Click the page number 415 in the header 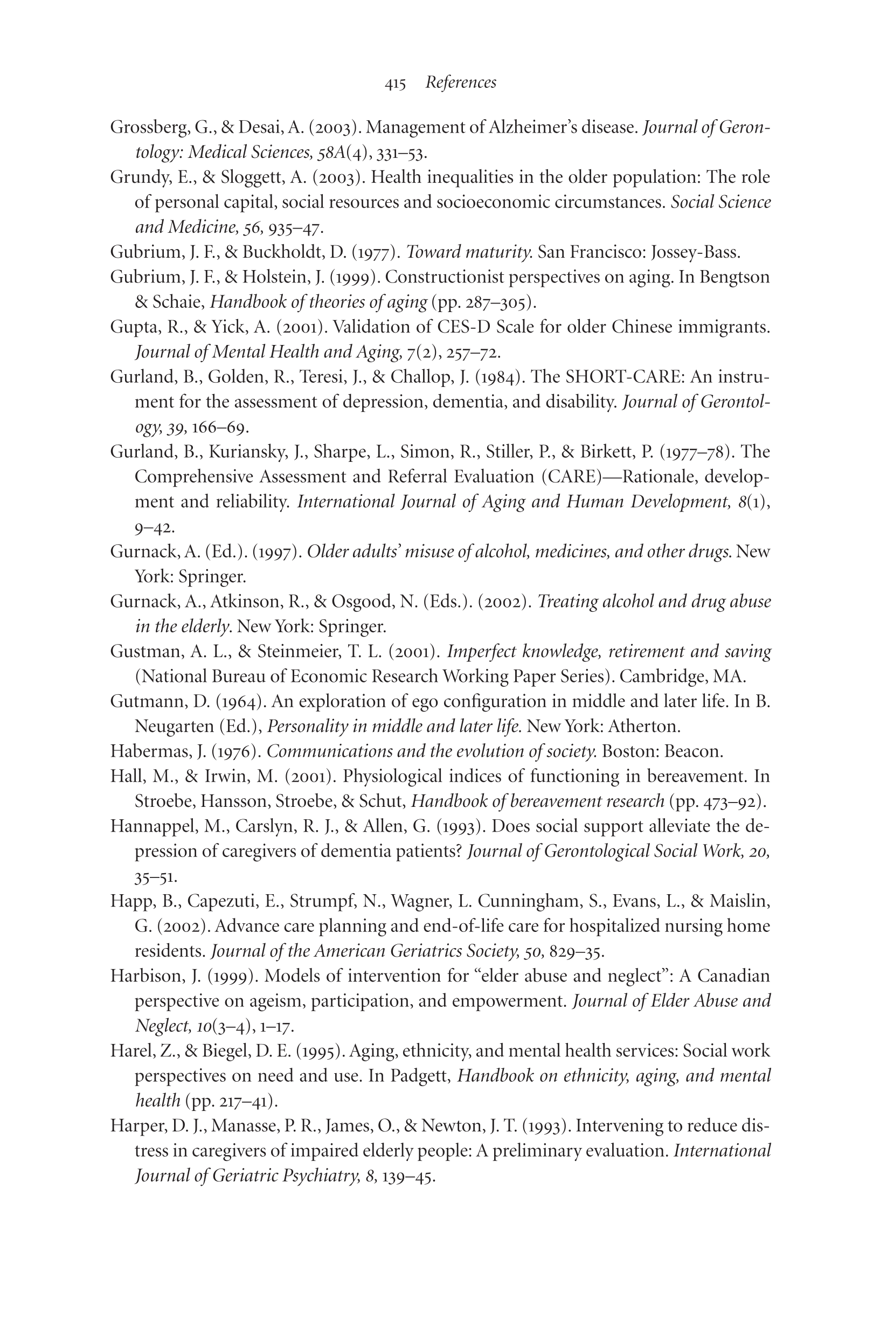coord(395,84)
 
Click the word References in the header coord(461,82)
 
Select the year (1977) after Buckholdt coord(376,253)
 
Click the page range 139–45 coord(408,1176)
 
